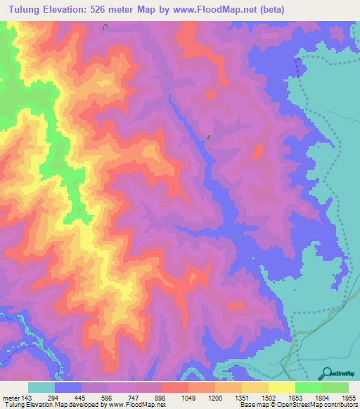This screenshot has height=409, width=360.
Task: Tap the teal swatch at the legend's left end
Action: [41, 387]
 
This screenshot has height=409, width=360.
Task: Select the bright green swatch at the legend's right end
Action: [335, 387]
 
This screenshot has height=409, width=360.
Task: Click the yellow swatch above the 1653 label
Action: [282, 387]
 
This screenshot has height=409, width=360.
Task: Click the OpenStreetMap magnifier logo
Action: [326, 373]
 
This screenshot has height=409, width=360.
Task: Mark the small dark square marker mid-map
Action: [209, 137]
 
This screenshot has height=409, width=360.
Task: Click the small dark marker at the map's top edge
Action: [105, 26]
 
